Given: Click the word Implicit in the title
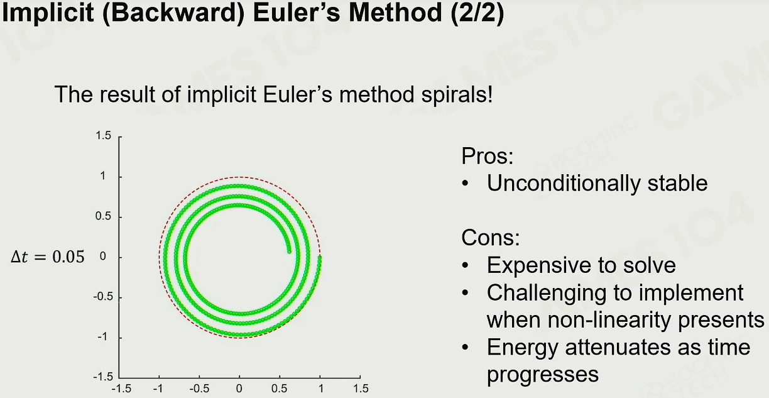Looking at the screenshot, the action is [x=48, y=13].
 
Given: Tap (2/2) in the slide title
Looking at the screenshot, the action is [x=477, y=13].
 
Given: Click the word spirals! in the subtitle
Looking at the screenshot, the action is [x=457, y=94].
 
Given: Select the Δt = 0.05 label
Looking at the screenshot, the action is [x=47, y=257].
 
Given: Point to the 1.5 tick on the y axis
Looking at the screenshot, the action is [x=103, y=136].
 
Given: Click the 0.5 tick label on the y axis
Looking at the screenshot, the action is [x=103, y=216].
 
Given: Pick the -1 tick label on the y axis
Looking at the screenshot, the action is [x=102, y=336].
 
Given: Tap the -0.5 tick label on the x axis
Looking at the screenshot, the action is [x=199, y=389].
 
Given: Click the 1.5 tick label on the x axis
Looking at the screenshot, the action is [x=361, y=389].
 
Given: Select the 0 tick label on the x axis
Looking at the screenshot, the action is [x=239, y=389].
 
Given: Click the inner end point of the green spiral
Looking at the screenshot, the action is [x=289, y=252].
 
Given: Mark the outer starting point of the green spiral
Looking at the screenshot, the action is [x=320, y=257].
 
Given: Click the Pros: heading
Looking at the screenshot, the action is [x=487, y=156].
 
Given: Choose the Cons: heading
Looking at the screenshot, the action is [x=491, y=238].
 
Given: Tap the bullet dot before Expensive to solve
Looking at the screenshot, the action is [x=466, y=265].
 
